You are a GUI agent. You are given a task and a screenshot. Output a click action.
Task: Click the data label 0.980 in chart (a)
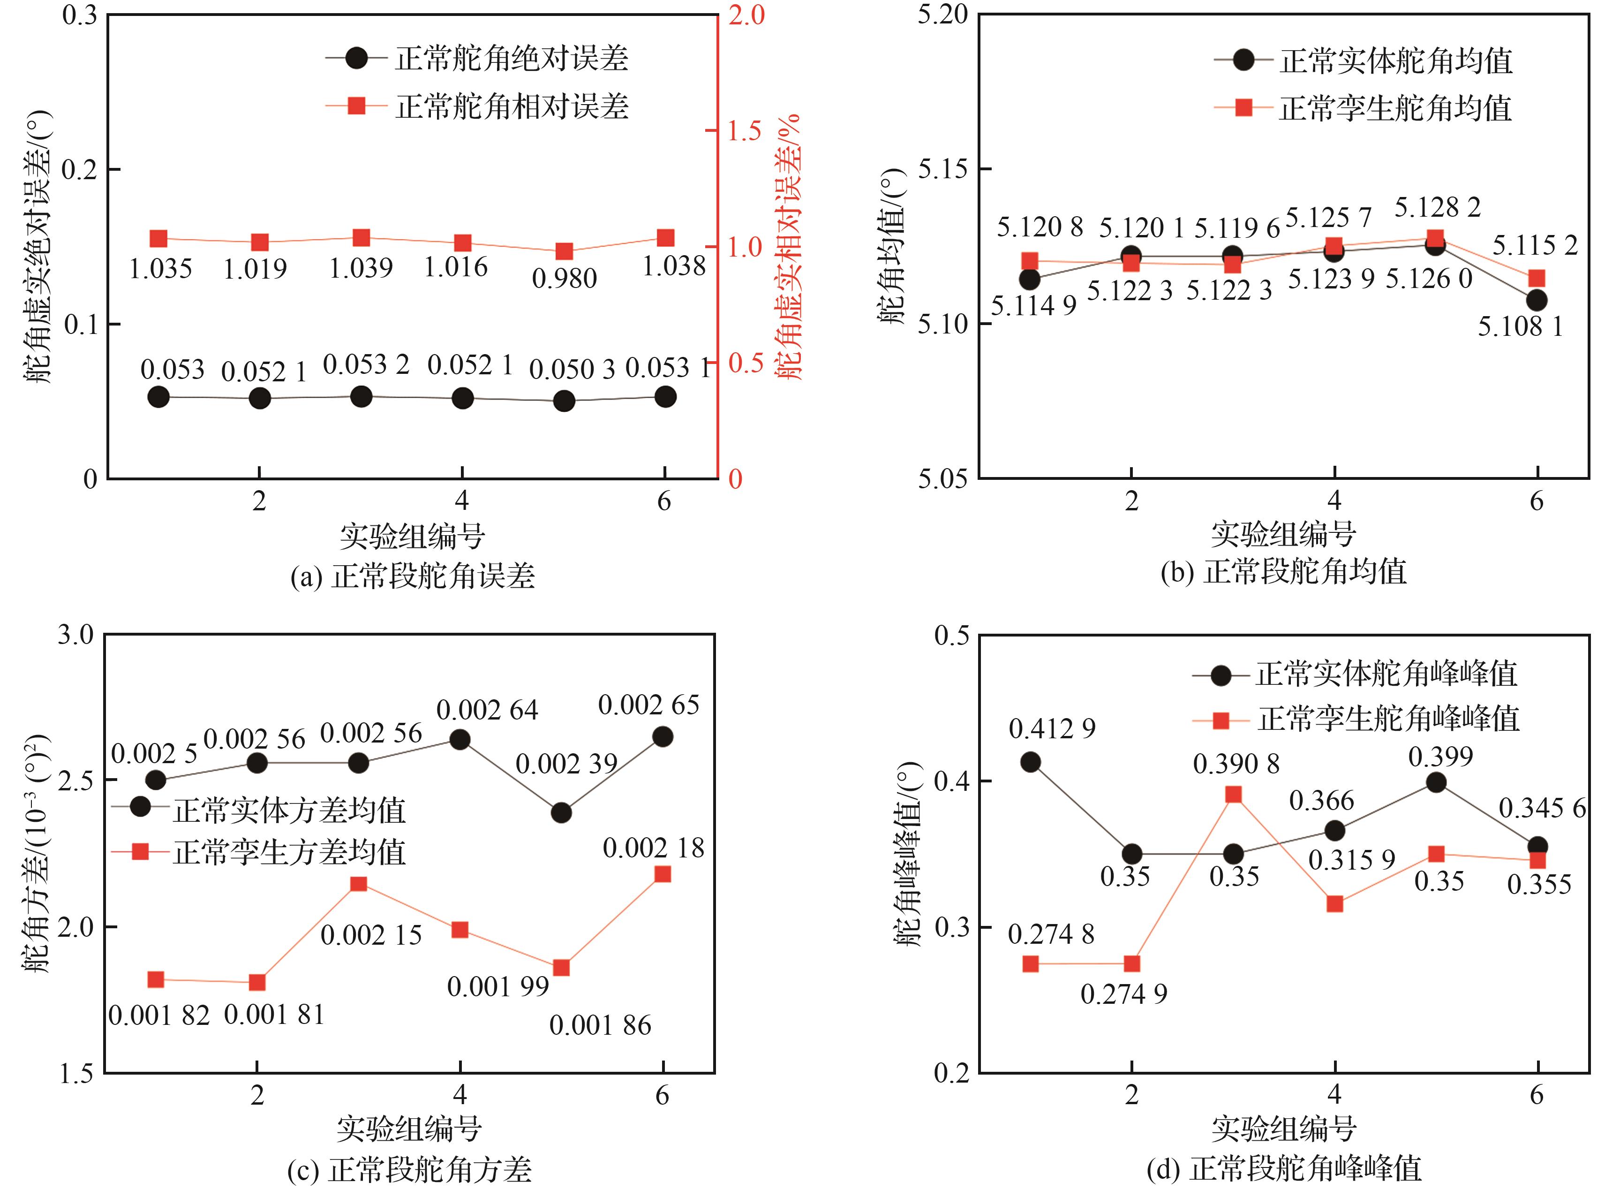[x=565, y=278]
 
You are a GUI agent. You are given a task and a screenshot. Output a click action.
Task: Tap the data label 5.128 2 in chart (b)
[x=1437, y=207]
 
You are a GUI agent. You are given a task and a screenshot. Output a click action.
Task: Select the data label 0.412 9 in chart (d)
[x=1052, y=729]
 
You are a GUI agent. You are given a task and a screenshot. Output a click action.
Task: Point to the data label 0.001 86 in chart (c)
[x=600, y=1025]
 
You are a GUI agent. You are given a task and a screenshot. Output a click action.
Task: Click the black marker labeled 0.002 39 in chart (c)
[x=561, y=812]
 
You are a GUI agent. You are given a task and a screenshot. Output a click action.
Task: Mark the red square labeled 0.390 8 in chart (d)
[x=1233, y=795]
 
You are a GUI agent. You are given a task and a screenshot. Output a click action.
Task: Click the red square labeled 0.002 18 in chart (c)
[x=663, y=874]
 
